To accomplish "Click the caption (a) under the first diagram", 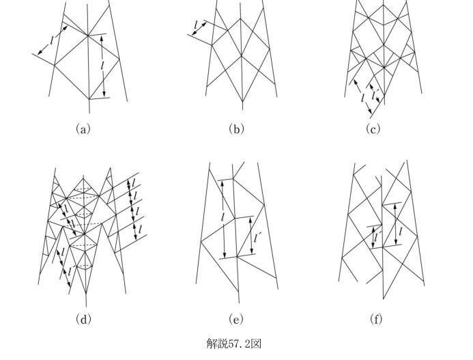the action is (x=83, y=129).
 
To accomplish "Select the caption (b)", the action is (x=236, y=129).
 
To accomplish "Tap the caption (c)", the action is (x=373, y=129).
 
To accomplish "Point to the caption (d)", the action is (x=83, y=318).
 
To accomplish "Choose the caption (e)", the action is (x=236, y=318).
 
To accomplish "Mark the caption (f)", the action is (x=376, y=318).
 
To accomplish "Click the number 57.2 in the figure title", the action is (x=238, y=344).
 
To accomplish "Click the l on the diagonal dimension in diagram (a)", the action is (x=52, y=40).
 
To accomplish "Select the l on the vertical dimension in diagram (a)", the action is (x=102, y=66).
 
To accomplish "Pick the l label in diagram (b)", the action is (x=196, y=25).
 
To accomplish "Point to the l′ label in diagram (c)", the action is (x=375, y=95).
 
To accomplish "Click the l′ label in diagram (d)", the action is (x=70, y=271).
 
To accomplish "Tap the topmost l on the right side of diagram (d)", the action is (x=133, y=182).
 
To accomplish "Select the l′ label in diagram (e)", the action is (x=257, y=238).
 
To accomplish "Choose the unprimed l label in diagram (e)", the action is (x=223, y=217).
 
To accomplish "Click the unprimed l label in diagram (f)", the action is (x=401, y=232).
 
